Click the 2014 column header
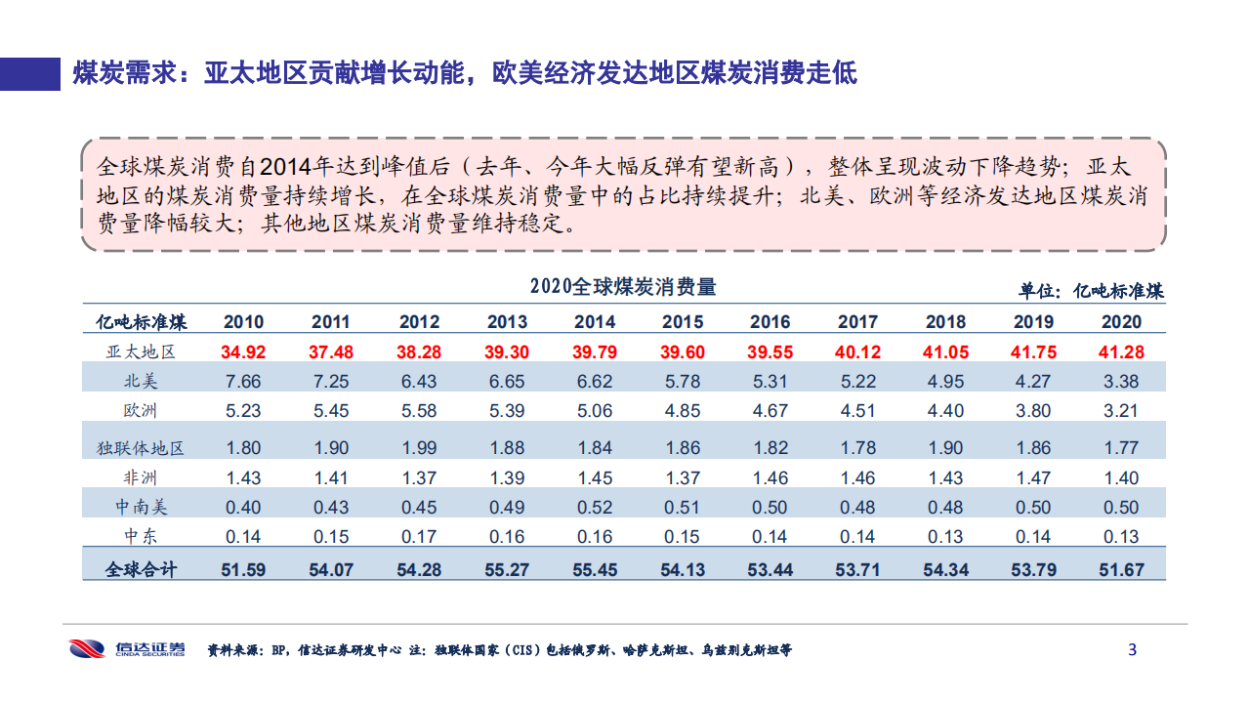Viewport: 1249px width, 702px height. pyautogui.click(x=595, y=321)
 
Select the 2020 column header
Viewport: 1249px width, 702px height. pyautogui.click(x=1121, y=321)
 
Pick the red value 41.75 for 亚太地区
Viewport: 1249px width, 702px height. pyautogui.click(x=1033, y=351)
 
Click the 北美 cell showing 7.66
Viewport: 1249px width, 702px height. pyautogui.click(x=243, y=381)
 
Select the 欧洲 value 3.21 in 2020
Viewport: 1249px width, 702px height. pyautogui.click(x=1121, y=410)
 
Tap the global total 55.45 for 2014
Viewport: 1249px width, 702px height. pyautogui.click(x=595, y=569)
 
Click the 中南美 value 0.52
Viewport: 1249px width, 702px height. pyautogui.click(x=595, y=508)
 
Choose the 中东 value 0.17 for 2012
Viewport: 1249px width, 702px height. pyautogui.click(x=419, y=537)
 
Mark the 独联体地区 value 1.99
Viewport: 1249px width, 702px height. pyautogui.click(x=419, y=448)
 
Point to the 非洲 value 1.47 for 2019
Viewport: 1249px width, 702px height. pyautogui.click(x=1033, y=477)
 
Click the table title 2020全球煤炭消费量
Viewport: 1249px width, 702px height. pyautogui.click(x=623, y=287)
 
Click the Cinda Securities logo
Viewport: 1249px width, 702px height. pyautogui.click(x=127, y=648)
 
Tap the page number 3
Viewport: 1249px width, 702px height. pyautogui.click(x=1133, y=649)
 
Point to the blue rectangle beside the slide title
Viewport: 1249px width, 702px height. pyautogui.click(x=30, y=72)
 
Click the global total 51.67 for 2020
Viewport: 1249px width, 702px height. pyautogui.click(x=1121, y=569)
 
